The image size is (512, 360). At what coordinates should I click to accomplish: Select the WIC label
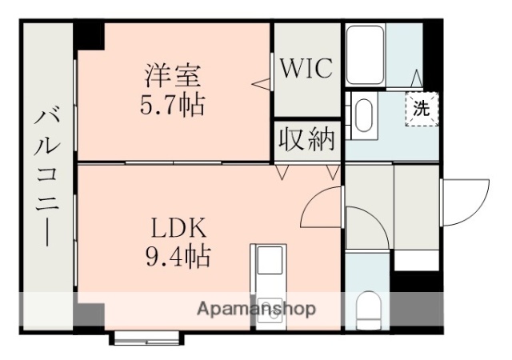306,69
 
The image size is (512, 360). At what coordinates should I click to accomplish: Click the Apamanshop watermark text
256,308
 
